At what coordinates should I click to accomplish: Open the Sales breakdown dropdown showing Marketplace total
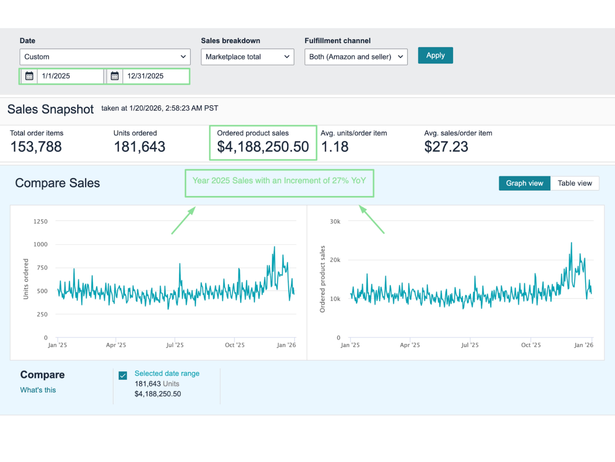pos(247,57)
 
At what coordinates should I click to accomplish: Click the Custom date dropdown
pos(105,57)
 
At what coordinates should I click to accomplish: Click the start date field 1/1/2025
pos(70,76)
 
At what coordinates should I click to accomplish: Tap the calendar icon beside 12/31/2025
pos(115,76)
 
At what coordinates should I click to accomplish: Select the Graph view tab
pos(524,183)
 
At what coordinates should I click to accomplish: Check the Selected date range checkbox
pos(123,375)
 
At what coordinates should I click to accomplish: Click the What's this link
pos(38,390)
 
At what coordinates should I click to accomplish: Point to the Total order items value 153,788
pos(36,147)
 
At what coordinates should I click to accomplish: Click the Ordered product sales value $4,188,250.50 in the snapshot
pos(263,147)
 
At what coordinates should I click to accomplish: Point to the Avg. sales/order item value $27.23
pos(446,147)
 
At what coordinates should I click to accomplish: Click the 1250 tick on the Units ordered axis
pos(40,221)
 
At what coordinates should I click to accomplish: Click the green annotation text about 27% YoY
pos(279,180)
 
